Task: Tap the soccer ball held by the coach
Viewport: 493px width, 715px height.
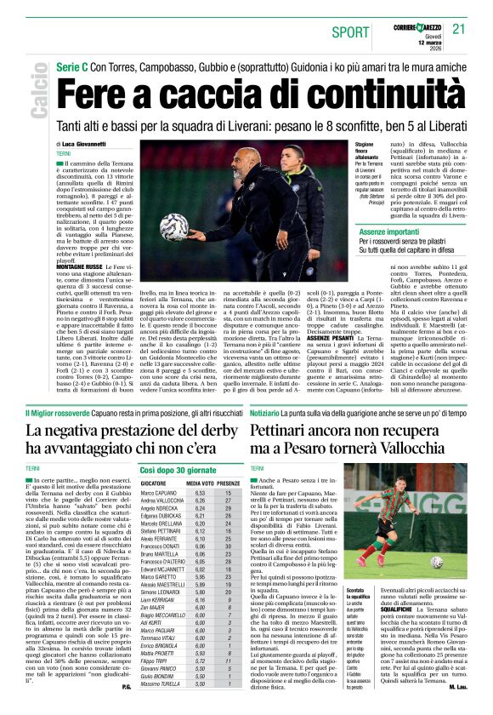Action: point(174,226)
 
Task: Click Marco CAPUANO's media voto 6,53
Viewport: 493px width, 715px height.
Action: point(201,493)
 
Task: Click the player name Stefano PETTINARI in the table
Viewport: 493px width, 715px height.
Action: point(161,530)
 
